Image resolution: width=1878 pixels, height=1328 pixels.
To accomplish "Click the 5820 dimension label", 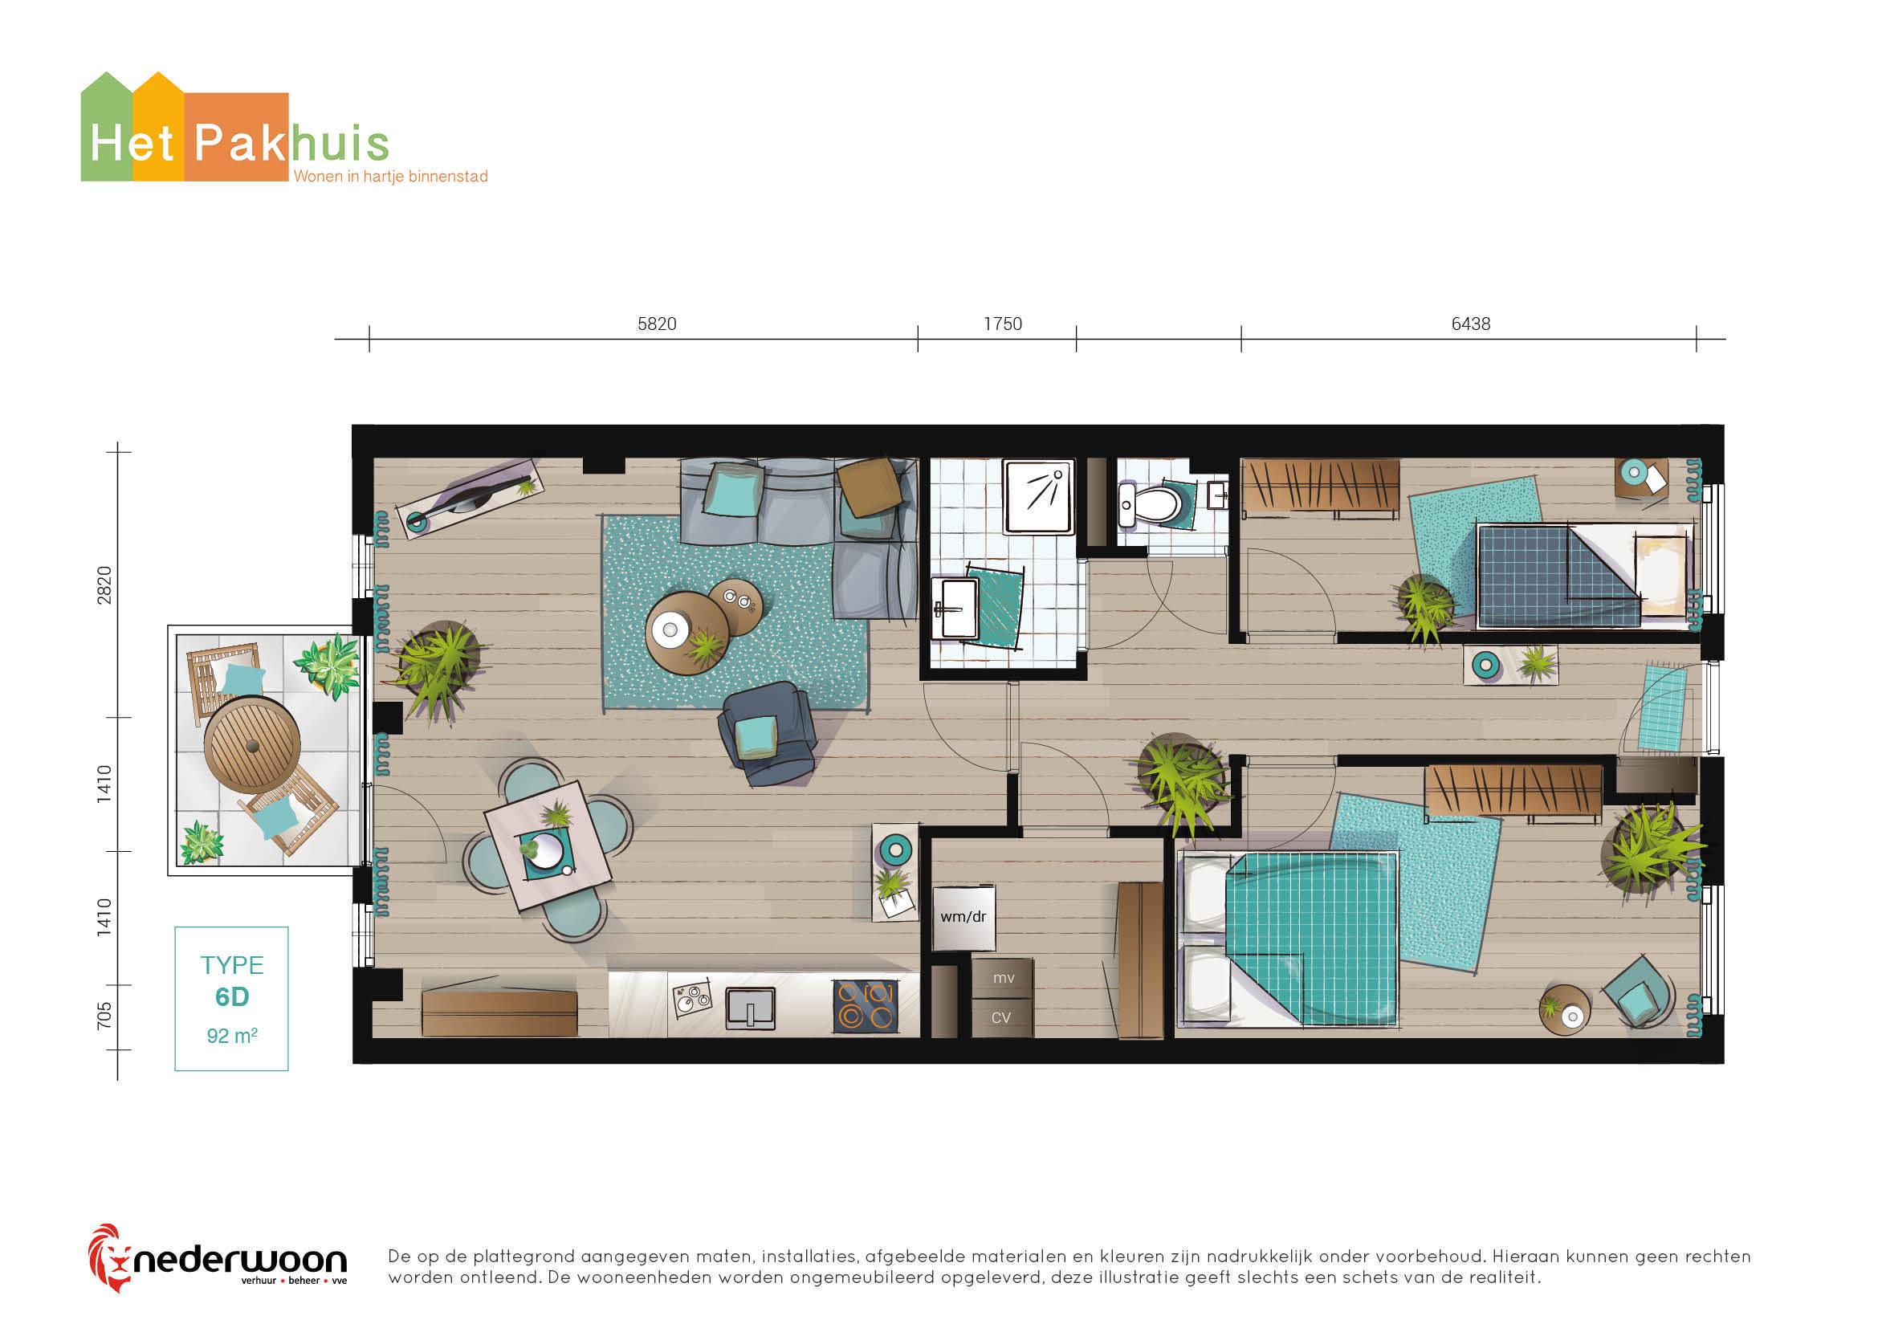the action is tap(657, 324).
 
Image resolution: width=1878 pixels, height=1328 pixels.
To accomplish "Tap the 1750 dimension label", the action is tap(1003, 324).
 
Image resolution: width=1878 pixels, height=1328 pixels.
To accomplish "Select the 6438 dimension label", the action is tap(1471, 324).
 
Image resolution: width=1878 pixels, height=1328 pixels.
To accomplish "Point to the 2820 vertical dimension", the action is tap(104, 585).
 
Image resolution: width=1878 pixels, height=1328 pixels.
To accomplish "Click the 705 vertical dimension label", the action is tap(104, 1016).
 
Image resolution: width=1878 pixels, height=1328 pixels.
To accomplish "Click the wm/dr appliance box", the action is tap(963, 918).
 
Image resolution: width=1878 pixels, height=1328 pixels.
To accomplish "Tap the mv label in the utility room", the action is tap(1004, 978).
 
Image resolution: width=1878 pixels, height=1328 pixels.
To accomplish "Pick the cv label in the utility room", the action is tap(1001, 1018).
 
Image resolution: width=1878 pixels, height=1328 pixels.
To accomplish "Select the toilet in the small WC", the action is tap(1153, 503).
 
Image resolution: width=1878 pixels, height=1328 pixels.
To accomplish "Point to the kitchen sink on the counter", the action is tap(750, 1008).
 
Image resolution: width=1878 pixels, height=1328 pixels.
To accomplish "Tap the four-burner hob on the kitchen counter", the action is tap(866, 1005).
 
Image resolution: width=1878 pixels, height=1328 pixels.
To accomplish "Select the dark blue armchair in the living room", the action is tap(766, 735).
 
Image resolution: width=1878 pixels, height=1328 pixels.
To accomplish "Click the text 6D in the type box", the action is tap(231, 998).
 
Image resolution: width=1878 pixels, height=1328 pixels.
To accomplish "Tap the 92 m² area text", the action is tap(231, 1036).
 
